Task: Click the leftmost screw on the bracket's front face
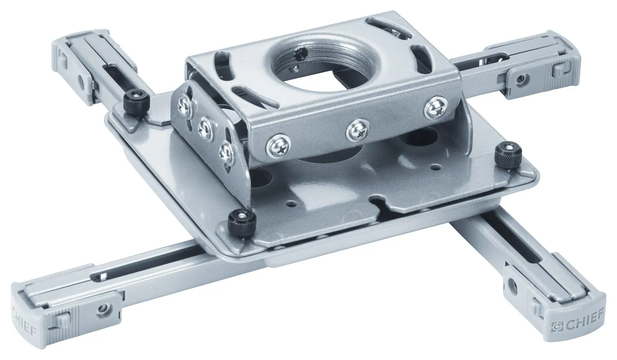click(274, 146)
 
